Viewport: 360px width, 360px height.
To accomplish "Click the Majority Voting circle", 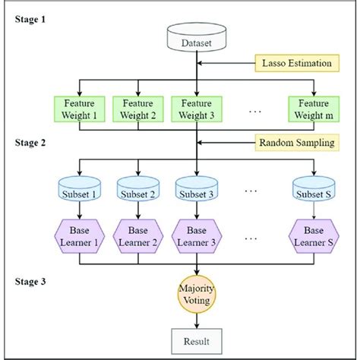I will pos(197,295).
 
